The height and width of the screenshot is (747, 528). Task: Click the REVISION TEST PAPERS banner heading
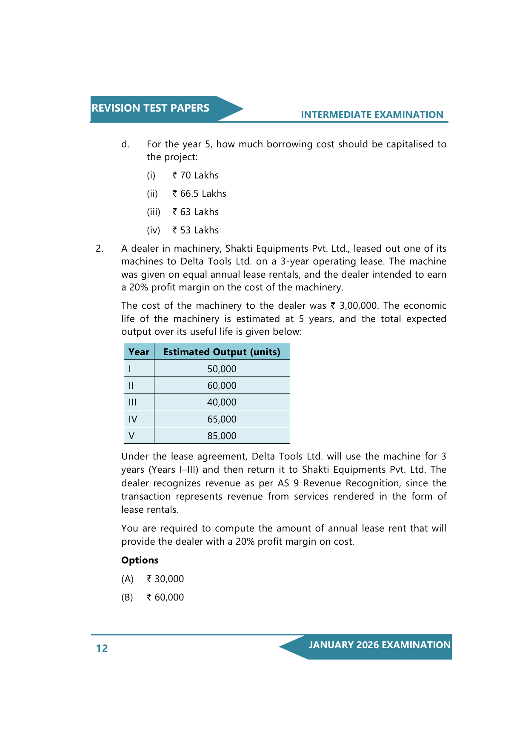pos(150,108)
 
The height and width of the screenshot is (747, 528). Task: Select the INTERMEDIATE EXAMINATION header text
pos(372,115)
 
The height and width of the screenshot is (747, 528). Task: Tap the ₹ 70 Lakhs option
pos(195,175)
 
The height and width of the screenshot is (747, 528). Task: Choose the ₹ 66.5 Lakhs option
pos(199,194)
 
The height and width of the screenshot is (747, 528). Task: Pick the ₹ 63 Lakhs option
pos(195,212)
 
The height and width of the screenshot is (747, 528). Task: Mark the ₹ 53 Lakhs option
pos(195,230)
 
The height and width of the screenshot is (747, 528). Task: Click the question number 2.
pos(99,249)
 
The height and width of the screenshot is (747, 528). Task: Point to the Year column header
pos(139,352)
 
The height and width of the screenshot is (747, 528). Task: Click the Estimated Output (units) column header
pos(222,352)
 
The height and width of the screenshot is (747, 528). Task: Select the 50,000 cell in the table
pos(222,369)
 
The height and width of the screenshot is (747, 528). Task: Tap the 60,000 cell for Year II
pos(222,385)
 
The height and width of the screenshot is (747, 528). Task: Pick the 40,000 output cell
pos(222,402)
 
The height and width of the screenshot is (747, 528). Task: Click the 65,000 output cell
pos(222,419)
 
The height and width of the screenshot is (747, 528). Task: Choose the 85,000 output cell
pos(222,436)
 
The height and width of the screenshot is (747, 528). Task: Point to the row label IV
pos(133,419)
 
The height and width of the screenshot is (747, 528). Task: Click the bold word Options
pos(140,560)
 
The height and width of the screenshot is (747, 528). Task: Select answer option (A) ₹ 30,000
pos(165,579)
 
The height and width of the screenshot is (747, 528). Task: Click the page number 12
pos(102,648)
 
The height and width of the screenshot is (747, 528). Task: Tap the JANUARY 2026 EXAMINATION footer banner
pos(379,645)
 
